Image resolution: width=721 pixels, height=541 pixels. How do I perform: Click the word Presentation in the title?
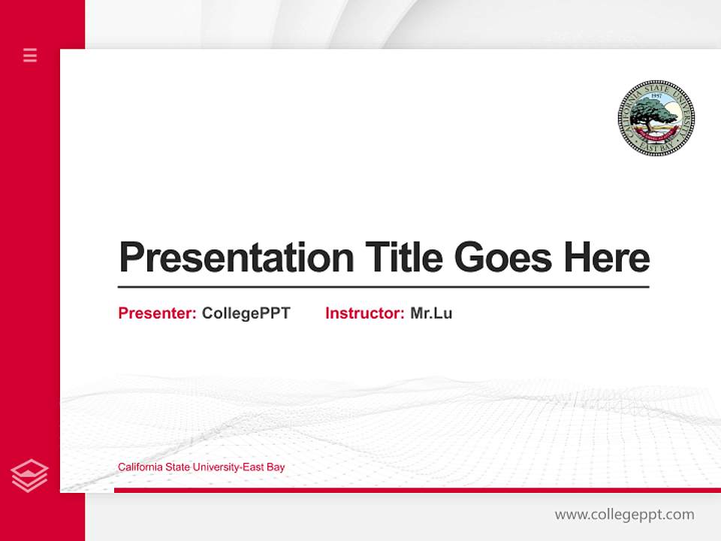(236, 258)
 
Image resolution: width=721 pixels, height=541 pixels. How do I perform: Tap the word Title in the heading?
(403, 258)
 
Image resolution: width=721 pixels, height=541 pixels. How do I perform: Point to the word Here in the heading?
(607, 258)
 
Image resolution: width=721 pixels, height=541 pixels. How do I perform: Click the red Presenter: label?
(157, 313)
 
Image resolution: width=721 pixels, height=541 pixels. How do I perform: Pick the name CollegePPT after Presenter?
(246, 313)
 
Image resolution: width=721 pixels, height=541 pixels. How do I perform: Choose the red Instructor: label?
(364, 313)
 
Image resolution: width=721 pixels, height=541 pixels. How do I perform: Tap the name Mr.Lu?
(431, 313)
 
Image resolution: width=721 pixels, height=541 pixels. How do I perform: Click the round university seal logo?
(656, 118)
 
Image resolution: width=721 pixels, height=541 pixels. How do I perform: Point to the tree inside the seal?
(650, 115)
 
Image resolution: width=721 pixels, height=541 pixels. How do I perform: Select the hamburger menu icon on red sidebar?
(30, 55)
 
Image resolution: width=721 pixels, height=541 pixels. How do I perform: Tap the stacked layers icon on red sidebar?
(30, 476)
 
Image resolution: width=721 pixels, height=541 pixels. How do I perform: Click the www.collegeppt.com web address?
(624, 515)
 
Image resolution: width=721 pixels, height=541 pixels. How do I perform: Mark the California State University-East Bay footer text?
(201, 467)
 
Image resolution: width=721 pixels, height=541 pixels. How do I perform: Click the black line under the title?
(383, 286)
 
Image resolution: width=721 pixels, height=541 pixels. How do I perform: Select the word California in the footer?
(139, 467)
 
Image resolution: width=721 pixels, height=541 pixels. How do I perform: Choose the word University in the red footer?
(216, 467)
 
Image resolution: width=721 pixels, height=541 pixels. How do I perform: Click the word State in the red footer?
(176, 467)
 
